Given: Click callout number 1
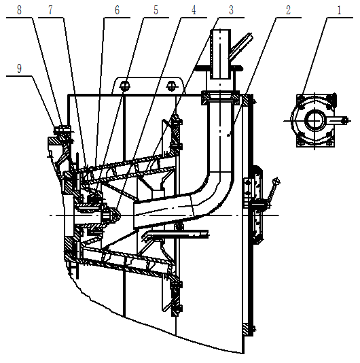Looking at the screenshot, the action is (339, 11).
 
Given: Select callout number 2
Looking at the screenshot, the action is (288, 11).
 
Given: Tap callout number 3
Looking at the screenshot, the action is (231, 11).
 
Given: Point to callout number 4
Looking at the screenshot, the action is (194, 11).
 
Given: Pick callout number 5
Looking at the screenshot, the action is (156, 11).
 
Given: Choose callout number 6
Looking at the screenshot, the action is (117, 11).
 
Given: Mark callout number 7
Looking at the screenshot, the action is (50, 11).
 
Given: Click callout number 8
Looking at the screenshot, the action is (20, 11).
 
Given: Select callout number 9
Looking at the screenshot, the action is (20, 69).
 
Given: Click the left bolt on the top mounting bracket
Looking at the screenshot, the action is (125, 86).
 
